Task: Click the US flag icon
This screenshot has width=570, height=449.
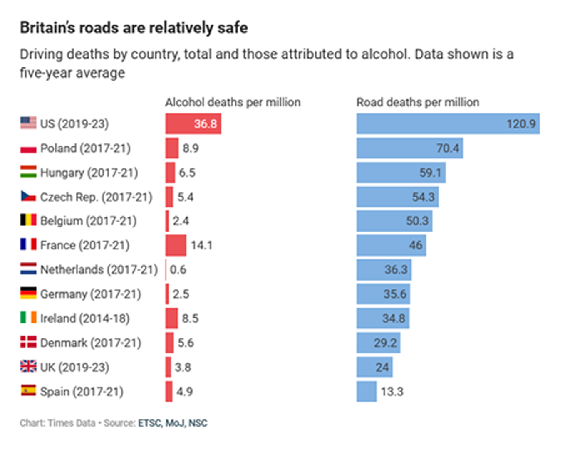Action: coord(28,123)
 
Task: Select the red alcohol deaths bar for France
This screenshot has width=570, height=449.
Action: coord(176,245)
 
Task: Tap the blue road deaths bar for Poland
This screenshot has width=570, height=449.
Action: coord(409,148)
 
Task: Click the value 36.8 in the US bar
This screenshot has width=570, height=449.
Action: coord(205,124)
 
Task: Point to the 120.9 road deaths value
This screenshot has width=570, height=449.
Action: coord(520,124)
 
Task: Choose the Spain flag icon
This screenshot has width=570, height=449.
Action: coord(28,391)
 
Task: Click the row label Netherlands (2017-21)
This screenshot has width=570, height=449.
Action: coord(99,270)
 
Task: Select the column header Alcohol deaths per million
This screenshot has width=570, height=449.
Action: coord(233,102)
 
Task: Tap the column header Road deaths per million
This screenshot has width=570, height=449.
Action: coord(418,102)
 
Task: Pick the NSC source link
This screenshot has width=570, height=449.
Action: coord(198,423)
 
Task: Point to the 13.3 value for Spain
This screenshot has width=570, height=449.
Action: coord(392,392)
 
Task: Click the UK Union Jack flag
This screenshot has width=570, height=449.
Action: coord(28,366)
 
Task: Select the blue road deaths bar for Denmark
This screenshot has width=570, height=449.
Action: coord(378,343)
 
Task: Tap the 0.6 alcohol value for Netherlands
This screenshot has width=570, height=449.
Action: coord(178,270)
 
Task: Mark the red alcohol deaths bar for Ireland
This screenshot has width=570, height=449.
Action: coord(171,318)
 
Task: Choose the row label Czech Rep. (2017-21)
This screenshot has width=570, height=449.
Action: coord(96,197)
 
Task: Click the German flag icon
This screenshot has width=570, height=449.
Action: coord(28,293)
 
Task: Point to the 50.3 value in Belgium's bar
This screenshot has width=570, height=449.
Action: coord(417,221)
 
